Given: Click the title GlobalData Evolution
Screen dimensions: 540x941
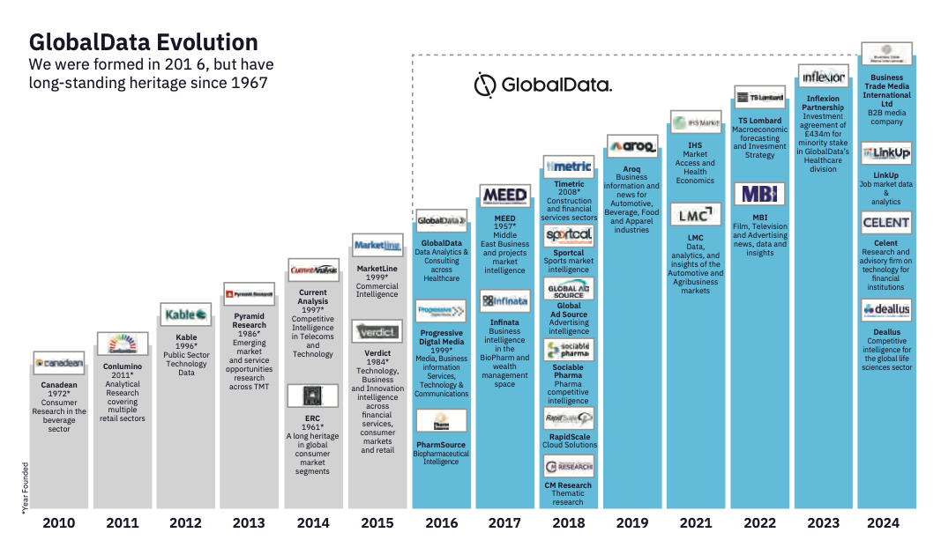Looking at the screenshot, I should tap(144, 42).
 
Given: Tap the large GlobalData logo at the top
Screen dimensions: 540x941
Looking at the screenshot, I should tap(542, 85).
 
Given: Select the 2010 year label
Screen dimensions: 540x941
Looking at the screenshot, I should tap(58, 522).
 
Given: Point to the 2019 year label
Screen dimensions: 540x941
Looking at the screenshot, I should tap(632, 522).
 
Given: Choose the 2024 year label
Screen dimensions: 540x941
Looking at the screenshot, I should tap(885, 522).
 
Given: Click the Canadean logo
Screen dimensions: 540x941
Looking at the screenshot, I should tap(58, 364).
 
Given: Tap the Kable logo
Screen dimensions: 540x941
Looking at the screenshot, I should tap(186, 314).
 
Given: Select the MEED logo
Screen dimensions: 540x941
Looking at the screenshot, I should tap(504, 195).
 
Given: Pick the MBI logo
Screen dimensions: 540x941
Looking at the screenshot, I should tap(759, 195).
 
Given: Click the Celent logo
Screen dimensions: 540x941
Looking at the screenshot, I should tap(885, 224).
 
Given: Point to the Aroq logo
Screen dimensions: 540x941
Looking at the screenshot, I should tap(632, 146).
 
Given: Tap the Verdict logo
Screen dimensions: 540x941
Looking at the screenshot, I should tap(377, 332).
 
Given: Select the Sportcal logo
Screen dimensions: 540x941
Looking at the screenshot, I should tap(569, 235).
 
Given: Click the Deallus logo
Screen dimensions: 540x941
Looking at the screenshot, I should tap(885, 310).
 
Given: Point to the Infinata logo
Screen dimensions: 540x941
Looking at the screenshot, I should tap(504, 301).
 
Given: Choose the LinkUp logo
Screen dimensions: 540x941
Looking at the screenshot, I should tap(885, 152).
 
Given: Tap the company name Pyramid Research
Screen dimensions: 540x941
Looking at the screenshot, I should tap(250, 320).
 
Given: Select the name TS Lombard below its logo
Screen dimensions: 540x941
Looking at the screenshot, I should tap(759, 121).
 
